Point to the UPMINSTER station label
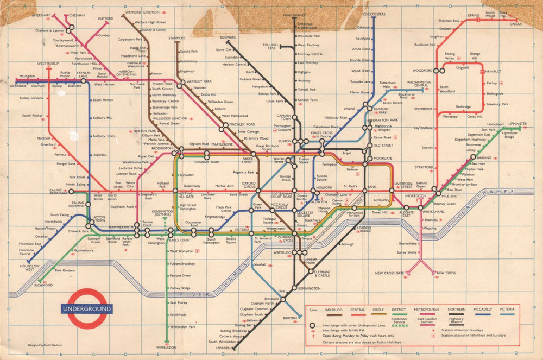point(514,124)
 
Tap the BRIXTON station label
point(289,318)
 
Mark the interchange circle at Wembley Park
point(182,81)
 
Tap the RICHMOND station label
point(43,285)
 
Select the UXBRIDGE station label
point(18,86)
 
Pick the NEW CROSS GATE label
point(389,273)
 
